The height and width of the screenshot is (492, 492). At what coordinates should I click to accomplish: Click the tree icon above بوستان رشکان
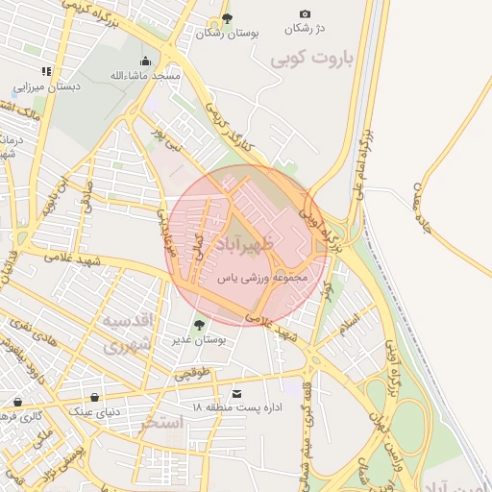(x=227, y=18)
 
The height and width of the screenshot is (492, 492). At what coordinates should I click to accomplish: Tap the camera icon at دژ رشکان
(x=305, y=14)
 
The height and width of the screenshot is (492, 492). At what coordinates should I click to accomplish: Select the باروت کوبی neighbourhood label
(x=312, y=59)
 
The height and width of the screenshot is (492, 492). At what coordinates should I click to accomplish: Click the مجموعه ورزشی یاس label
(x=262, y=277)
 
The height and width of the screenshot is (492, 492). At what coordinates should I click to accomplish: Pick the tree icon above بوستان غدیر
(x=199, y=325)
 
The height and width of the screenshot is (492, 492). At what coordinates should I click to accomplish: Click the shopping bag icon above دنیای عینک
(x=94, y=397)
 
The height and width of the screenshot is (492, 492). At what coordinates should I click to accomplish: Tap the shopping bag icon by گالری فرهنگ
(x=17, y=402)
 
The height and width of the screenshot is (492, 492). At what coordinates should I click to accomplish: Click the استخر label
(x=160, y=424)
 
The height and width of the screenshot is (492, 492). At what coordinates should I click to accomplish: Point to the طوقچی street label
(x=188, y=372)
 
